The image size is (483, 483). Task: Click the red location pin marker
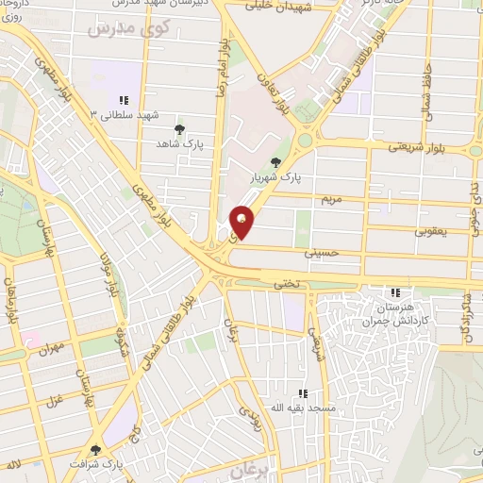tap(242, 221)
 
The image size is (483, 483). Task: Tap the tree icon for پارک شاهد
tap(179, 130)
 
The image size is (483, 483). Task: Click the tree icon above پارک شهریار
tap(275, 162)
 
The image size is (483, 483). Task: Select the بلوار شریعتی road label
tap(416, 147)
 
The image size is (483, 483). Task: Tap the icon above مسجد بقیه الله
tap(303, 393)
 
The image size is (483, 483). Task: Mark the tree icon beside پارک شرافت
tap(94, 450)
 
